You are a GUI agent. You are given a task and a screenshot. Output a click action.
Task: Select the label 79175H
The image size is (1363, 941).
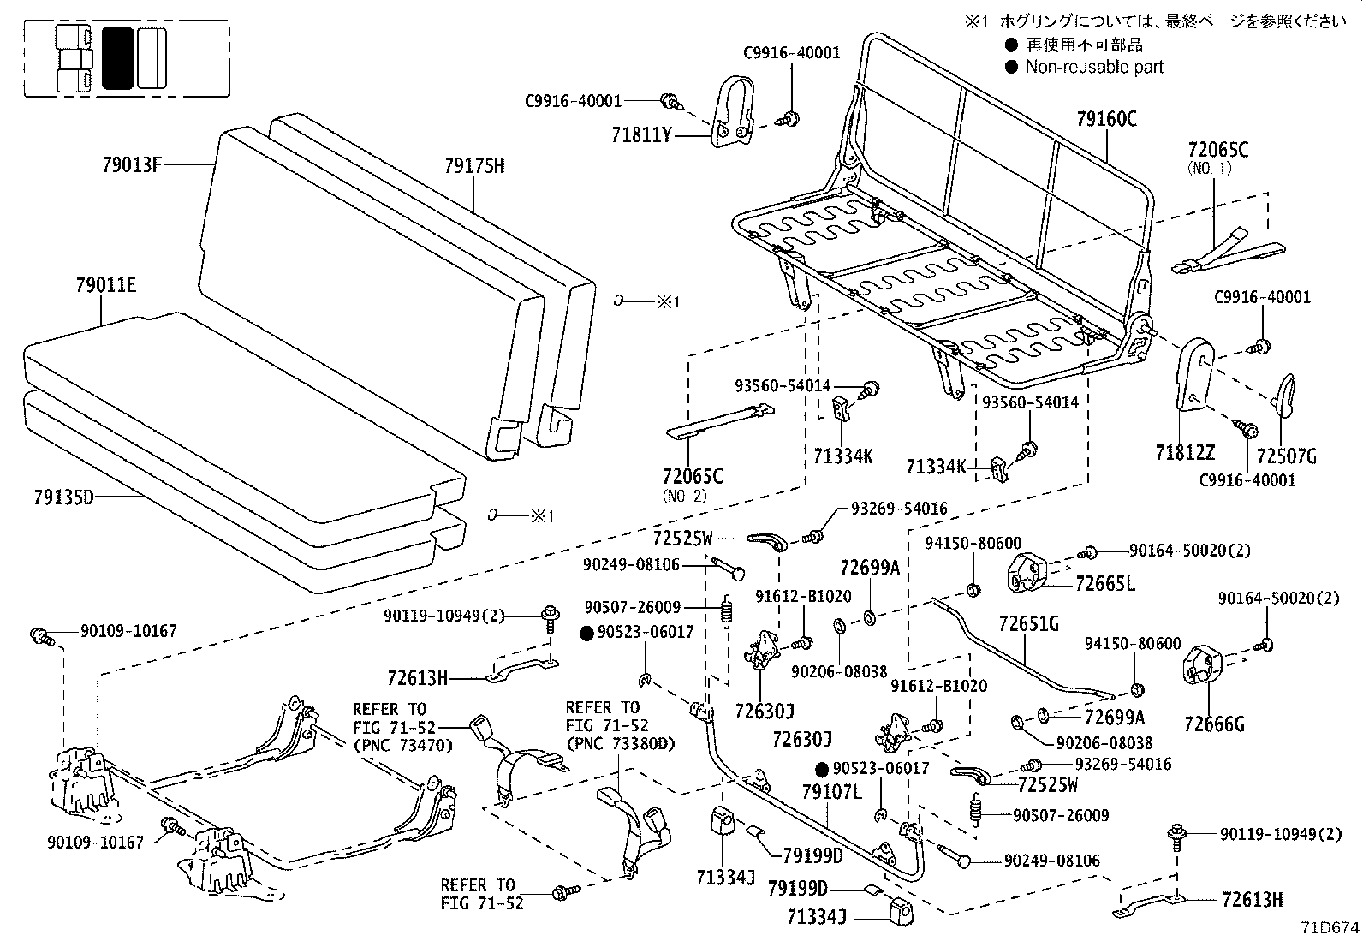(x=474, y=165)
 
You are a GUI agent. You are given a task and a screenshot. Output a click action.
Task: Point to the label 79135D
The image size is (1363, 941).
(x=63, y=496)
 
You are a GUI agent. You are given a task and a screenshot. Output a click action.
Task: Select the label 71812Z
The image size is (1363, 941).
(x=1185, y=455)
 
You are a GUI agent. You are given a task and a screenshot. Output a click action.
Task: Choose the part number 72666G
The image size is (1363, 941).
(x=1213, y=724)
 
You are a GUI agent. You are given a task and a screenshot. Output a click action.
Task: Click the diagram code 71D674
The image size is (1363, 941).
(x=1330, y=926)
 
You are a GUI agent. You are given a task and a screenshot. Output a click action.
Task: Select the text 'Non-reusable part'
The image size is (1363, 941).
(x=1094, y=67)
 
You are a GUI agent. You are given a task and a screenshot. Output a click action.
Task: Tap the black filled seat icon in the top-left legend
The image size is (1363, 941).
(x=117, y=58)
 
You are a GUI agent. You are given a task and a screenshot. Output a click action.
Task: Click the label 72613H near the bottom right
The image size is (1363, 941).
(x=1253, y=900)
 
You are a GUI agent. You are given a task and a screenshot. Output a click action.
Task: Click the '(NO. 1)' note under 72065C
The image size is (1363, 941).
(x=1210, y=168)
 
